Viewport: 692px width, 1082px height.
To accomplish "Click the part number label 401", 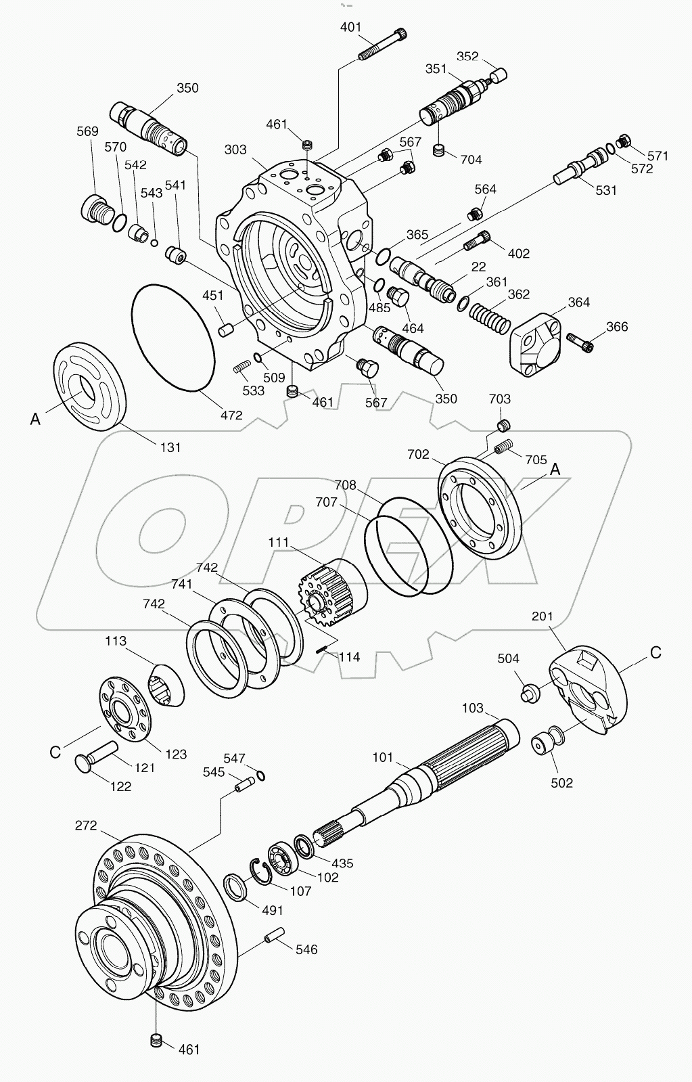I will (x=350, y=27).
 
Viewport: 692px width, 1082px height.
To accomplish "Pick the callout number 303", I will (x=235, y=150).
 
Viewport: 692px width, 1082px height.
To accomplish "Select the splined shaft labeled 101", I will (x=406, y=785).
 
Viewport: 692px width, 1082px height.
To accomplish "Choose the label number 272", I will (x=86, y=826).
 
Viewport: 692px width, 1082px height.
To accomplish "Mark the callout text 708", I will (x=344, y=484).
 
